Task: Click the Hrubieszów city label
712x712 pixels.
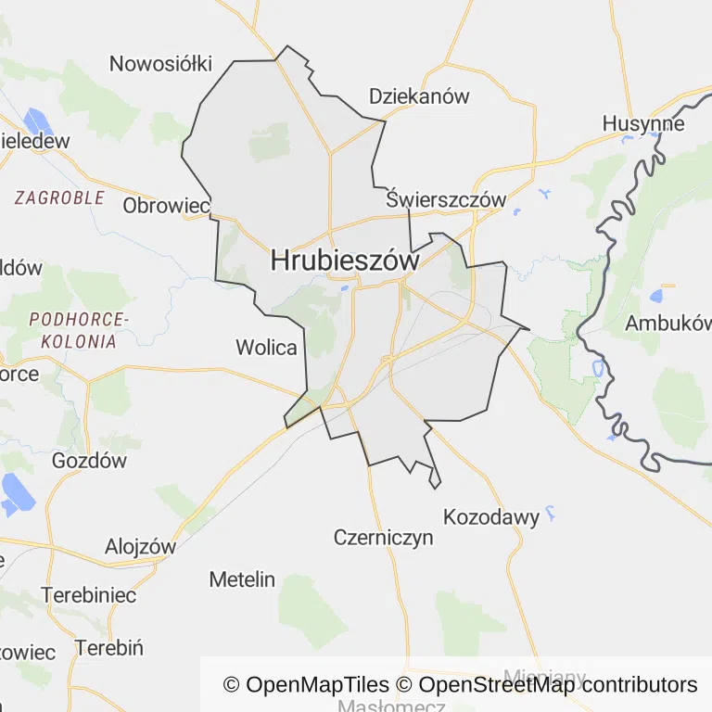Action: click(345, 261)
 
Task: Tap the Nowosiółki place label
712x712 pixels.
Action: click(160, 64)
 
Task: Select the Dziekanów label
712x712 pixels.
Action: click(419, 96)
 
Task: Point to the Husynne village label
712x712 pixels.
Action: click(643, 124)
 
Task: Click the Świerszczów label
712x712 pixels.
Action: click(446, 200)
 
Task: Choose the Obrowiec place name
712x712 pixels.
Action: click(166, 206)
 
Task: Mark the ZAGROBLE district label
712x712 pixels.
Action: click(59, 197)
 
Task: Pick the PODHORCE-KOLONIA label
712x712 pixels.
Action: click(78, 330)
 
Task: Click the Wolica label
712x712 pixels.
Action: click(266, 349)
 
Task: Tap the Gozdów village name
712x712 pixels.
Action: click(89, 461)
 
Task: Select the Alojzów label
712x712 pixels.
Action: click(140, 546)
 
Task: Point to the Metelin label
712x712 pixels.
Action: click(242, 579)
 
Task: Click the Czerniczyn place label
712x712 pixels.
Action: click(383, 538)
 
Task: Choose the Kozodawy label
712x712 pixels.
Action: click(491, 517)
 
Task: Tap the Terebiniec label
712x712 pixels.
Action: click(88, 594)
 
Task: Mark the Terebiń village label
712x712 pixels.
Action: click(108, 647)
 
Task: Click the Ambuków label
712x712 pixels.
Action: click(667, 324)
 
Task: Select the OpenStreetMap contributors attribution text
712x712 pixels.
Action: click(558, 685)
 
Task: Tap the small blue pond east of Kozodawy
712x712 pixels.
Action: click(551, 511)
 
